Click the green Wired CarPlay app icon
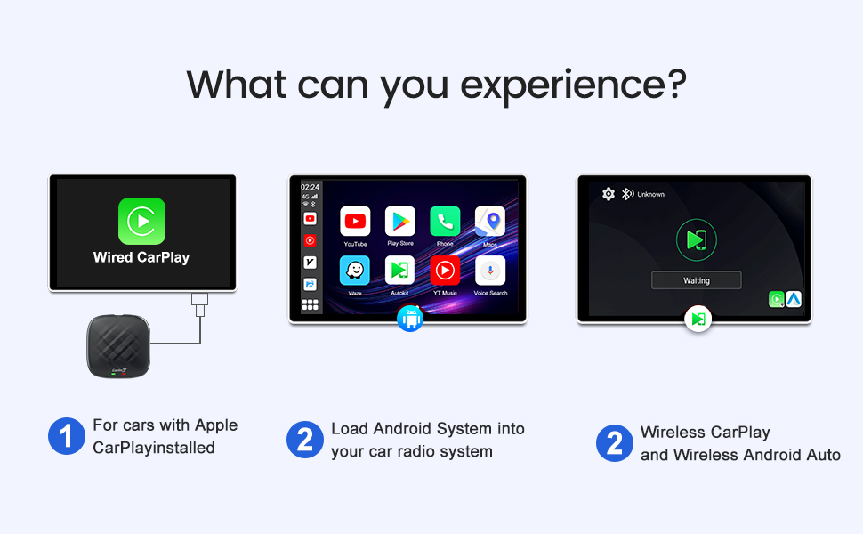coord(141,221)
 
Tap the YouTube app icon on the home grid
coord(355,222)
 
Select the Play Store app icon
coord(400,222)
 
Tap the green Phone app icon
coord(445,222)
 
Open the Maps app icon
coord(490,222)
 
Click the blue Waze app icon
coord(355,271)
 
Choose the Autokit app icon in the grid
coord(400,271)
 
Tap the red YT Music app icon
coord(445,271)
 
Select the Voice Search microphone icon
coord(490,271)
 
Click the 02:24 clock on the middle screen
coord(310,188)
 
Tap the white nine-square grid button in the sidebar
coord(311,304)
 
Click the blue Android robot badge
coord(410,319)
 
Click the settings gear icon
coord(609,194)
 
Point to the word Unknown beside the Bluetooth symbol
coord(650,194)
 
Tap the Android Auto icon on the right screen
coord(793,300)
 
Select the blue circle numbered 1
coord(66,436)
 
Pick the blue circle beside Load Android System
coord(304,440)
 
